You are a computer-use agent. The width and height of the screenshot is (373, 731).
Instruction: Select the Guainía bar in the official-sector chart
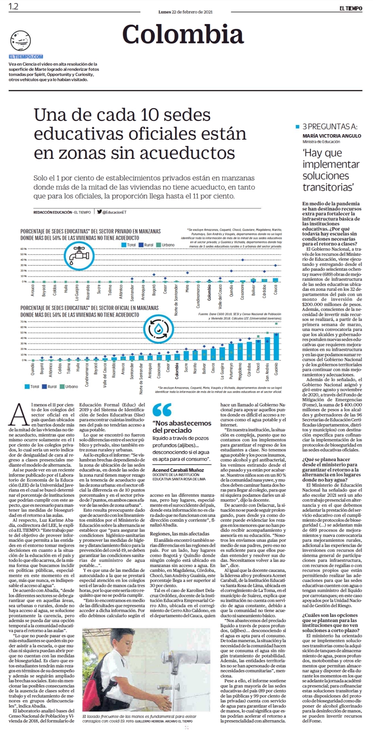pos(276,347)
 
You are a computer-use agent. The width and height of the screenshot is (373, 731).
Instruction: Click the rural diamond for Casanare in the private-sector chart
pos(242,260)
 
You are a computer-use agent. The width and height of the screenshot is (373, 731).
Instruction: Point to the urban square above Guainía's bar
pos(276,324)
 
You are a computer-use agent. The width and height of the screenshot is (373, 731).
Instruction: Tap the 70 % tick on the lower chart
pos(24,322)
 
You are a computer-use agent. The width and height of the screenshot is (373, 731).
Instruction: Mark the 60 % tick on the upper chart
pos(24,249)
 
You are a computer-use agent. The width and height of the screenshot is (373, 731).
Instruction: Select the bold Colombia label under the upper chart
pos(209,293)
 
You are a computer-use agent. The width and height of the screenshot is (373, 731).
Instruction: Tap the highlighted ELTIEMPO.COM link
pos(26,57)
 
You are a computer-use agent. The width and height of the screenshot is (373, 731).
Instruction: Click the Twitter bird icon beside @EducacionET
pos(99,212)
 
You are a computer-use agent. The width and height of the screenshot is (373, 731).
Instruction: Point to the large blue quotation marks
pos(162,410)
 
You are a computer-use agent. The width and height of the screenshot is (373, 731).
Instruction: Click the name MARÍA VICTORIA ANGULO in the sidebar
pos(332,136)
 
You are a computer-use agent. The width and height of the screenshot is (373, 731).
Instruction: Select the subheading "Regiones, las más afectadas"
pos(180,534)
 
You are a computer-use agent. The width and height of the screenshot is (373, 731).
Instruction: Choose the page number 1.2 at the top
pos(14,6)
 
